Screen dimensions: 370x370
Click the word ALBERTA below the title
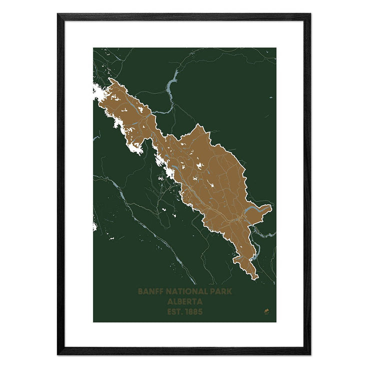[184, 302]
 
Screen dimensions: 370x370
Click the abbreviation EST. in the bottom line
[173, 312]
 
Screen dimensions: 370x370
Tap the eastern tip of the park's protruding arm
[271, 205]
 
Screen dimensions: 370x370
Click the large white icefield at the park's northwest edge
[102, 92]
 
